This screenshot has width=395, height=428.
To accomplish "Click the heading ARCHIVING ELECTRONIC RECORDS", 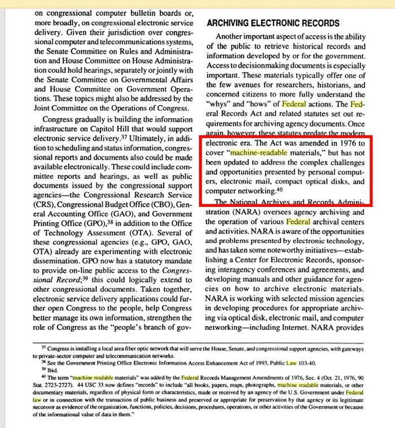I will pos(273,23).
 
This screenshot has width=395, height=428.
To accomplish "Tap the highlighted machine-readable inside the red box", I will pos(259,154).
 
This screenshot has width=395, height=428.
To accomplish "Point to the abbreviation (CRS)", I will pos(44,204).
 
